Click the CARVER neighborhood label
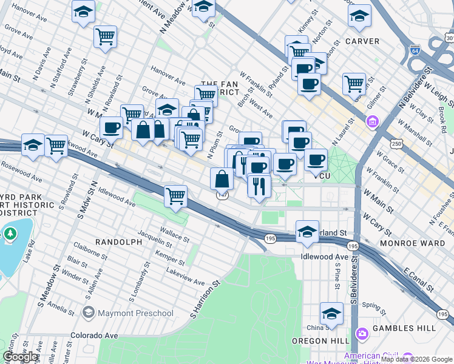click(362, 41)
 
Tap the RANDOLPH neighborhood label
click(118, 241)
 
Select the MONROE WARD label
click(412, 243)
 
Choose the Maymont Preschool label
click(127, 313)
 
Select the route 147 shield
click(223, 195)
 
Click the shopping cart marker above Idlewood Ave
click(175, 196)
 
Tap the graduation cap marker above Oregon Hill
click(331, 313)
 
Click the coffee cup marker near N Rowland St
click(111, 127)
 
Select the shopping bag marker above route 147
click(222, 178)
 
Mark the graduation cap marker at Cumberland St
click(307, 231)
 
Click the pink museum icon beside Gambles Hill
click(363, 334)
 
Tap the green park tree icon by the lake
click(10, 233)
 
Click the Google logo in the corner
click(21, 357)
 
